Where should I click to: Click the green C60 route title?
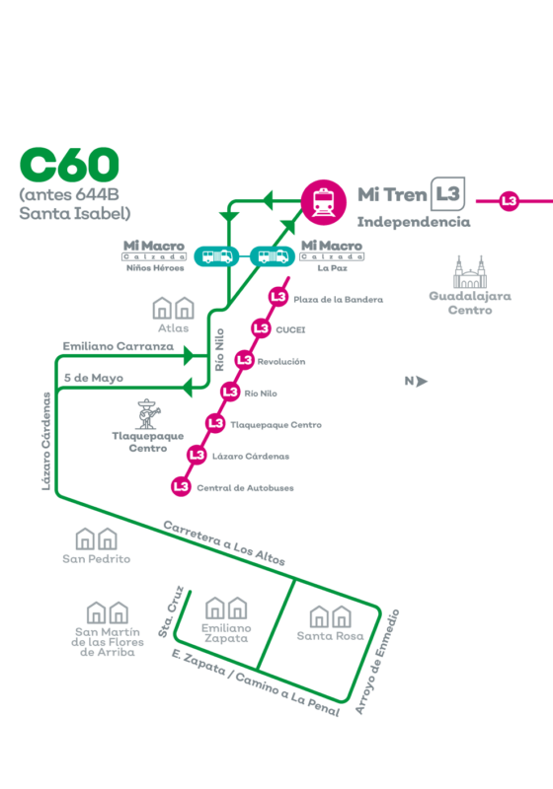69,165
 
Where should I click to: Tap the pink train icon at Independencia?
324,202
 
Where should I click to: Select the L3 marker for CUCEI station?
261,328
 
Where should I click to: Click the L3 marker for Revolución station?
244,360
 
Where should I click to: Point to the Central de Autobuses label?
245,488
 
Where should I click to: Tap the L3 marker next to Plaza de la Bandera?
278,297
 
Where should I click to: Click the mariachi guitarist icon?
147,413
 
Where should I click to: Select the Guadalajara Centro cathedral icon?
470,272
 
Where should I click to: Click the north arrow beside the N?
422,382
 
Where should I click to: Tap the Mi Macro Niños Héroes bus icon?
217,256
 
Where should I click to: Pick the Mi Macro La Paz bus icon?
273,256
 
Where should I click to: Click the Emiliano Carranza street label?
118,346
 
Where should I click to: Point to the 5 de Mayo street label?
94,378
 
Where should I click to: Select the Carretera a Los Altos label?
224,543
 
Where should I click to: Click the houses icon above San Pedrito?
96,538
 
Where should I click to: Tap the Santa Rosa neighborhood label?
330,636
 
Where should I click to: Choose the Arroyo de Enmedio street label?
377,661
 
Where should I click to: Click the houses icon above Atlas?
173,308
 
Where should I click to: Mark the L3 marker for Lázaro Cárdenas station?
197,455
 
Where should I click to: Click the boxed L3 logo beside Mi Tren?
447,193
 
